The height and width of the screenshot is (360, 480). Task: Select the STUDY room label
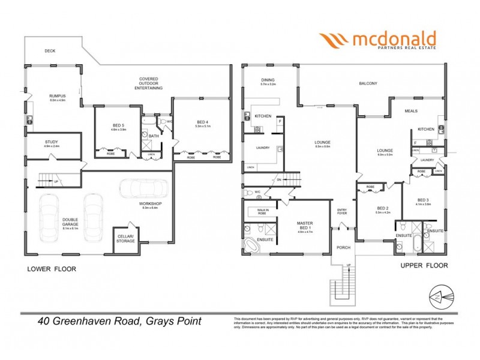[x=52, y=142]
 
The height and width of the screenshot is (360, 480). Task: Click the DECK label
[x=50, y=51]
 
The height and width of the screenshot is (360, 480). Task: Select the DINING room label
[x=268, y=80]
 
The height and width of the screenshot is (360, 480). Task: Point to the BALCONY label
[x=368, y=83]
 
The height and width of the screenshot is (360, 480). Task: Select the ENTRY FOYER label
[x=342, y=211]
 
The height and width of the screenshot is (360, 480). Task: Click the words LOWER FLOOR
[x=52, y=269]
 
